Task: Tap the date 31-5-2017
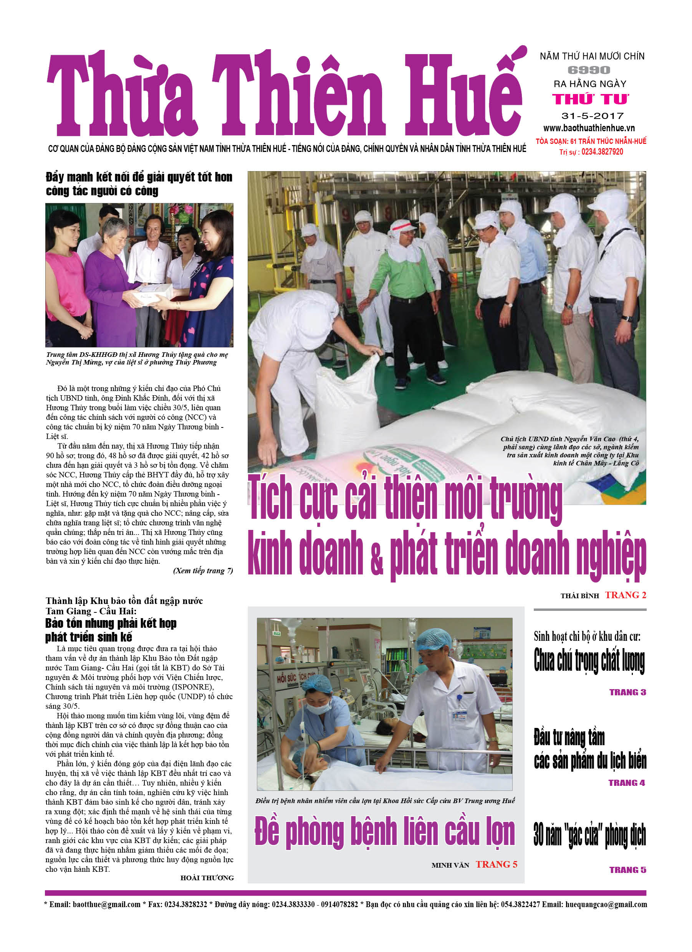pyautogui.click(x=592, y=116)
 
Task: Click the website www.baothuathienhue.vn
pyautogui.click(x=589, y=128)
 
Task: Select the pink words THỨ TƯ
pyautogui.click(x=590, y=99)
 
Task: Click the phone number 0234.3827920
pyautogui.click(x=602, y=152)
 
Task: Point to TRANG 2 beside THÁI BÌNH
pyautogui.click(x=625, y=595)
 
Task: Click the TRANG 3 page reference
pyautogui.click(x=627, y=692)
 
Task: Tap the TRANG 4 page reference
pyautogui.click(x=626, y=783)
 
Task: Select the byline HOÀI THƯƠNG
pyautogui.click(x=207, y=878)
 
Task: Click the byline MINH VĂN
pyautogui.click(x=450, y=865)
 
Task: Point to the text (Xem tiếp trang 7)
pyautogui.click(x=203, y=571)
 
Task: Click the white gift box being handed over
pyautogui.click(x=155, y=291)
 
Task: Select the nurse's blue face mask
pyautogui.click(x=318, y=706)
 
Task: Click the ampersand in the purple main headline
pyautogui.click(x=376, y=558)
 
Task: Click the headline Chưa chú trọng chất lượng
pyautogui.click(x=589, y=660)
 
